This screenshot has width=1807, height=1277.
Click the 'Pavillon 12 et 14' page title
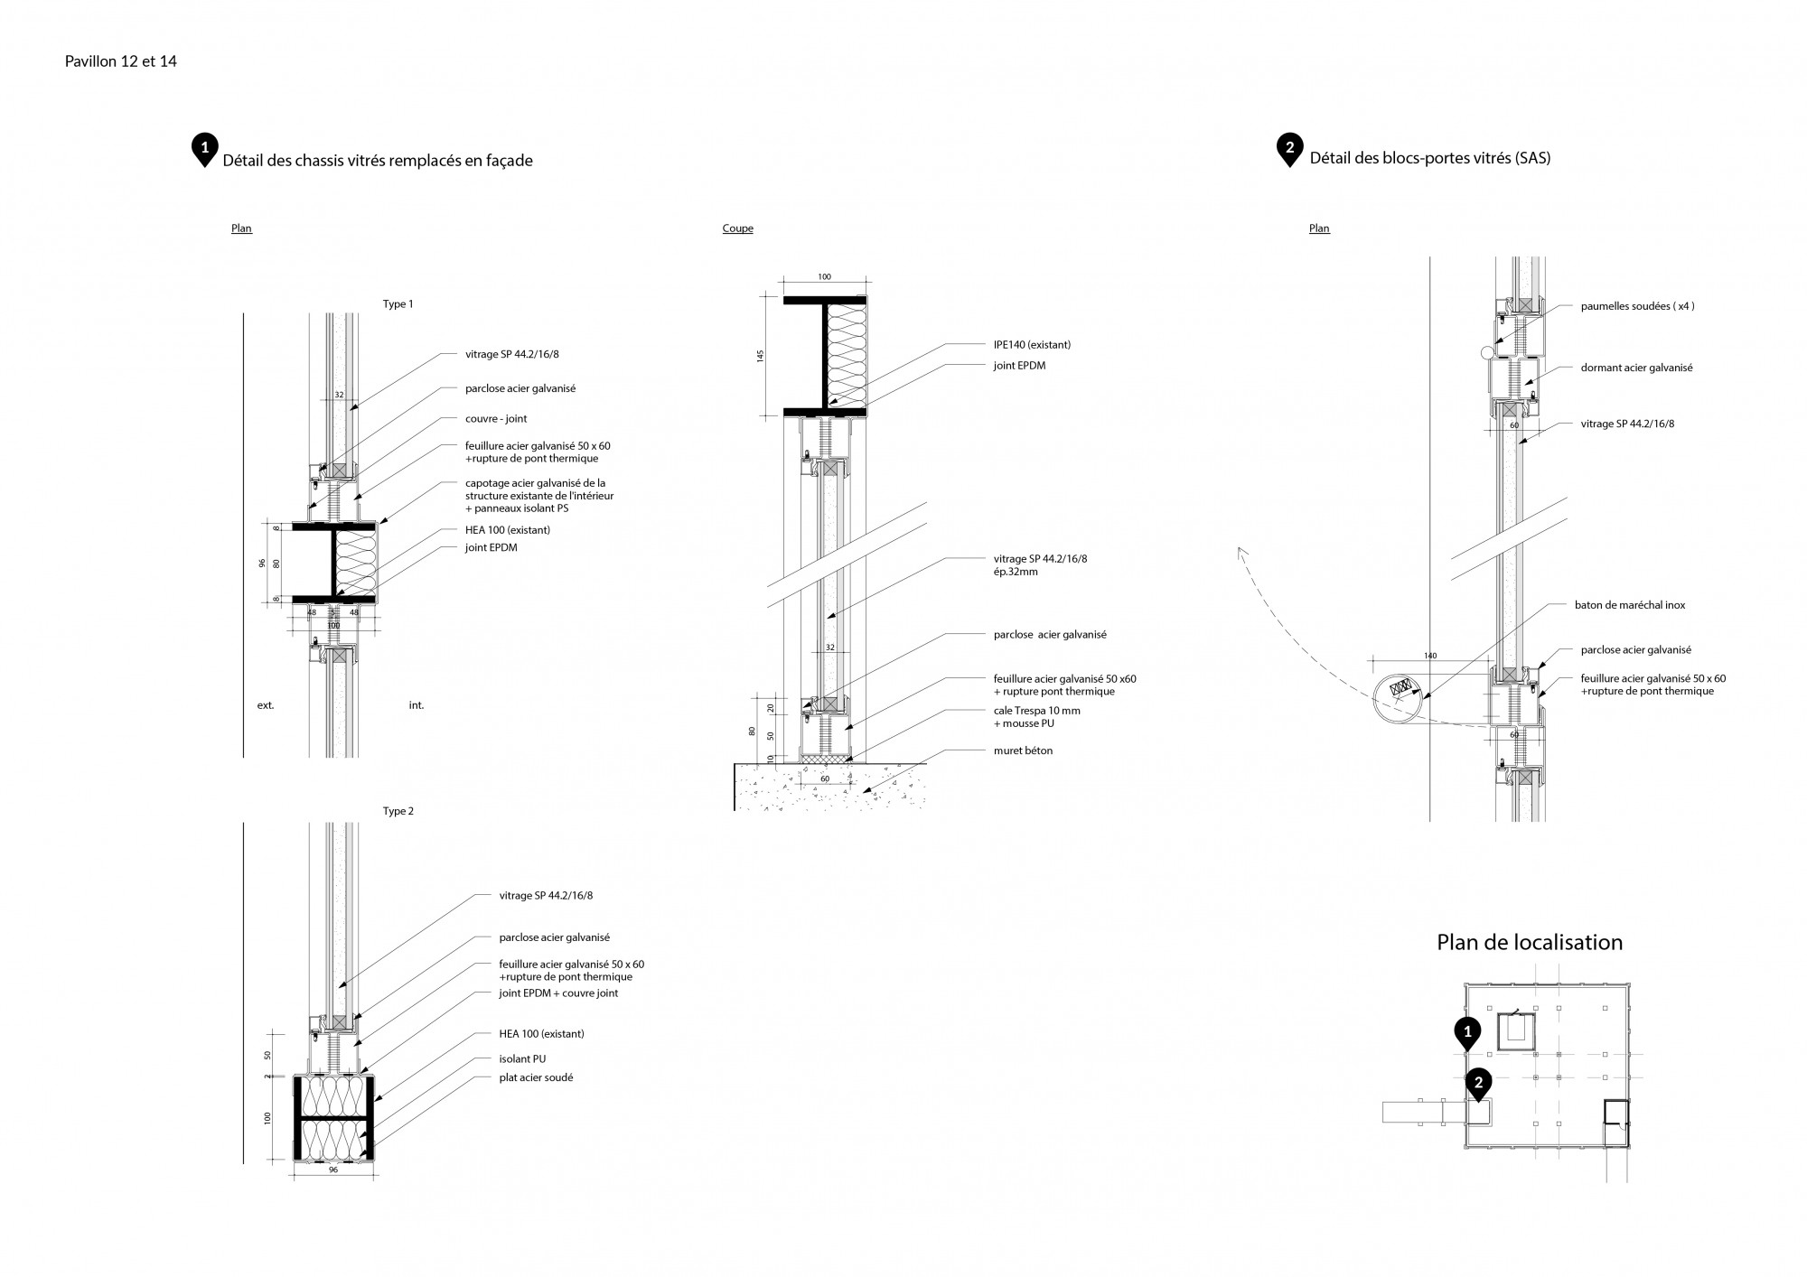(x=121, y=61)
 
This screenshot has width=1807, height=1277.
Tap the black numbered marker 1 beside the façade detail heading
(x=205, y=148)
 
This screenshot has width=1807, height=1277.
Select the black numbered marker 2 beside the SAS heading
(x=1289, y=148)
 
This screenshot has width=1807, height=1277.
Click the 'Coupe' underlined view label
(x=737, y=228)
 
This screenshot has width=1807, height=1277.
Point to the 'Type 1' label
(x=398, y=304)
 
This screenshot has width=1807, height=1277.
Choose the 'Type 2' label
(x=398, y=811)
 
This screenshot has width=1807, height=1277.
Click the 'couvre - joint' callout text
(x=496, y=419)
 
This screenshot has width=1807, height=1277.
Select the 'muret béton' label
(x=1023, y=750)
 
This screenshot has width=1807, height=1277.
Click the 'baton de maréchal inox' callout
(x=1630, y=605)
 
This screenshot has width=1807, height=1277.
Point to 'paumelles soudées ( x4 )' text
(x=1637, y=306)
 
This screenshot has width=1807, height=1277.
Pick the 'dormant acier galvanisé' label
(x=1636, y=368)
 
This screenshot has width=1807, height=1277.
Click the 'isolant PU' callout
(x=522, y=1058)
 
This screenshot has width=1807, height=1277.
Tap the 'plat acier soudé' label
(x=536, y=1077)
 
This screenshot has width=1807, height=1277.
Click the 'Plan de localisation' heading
(x=1530, y=943)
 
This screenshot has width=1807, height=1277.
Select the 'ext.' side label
(x=266, y=705)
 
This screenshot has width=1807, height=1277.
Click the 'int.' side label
(x=416, y=705)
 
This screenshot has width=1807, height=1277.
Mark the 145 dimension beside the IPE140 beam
(x=760, y=356)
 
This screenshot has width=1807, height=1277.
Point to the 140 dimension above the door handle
(x=1429, y=656)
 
